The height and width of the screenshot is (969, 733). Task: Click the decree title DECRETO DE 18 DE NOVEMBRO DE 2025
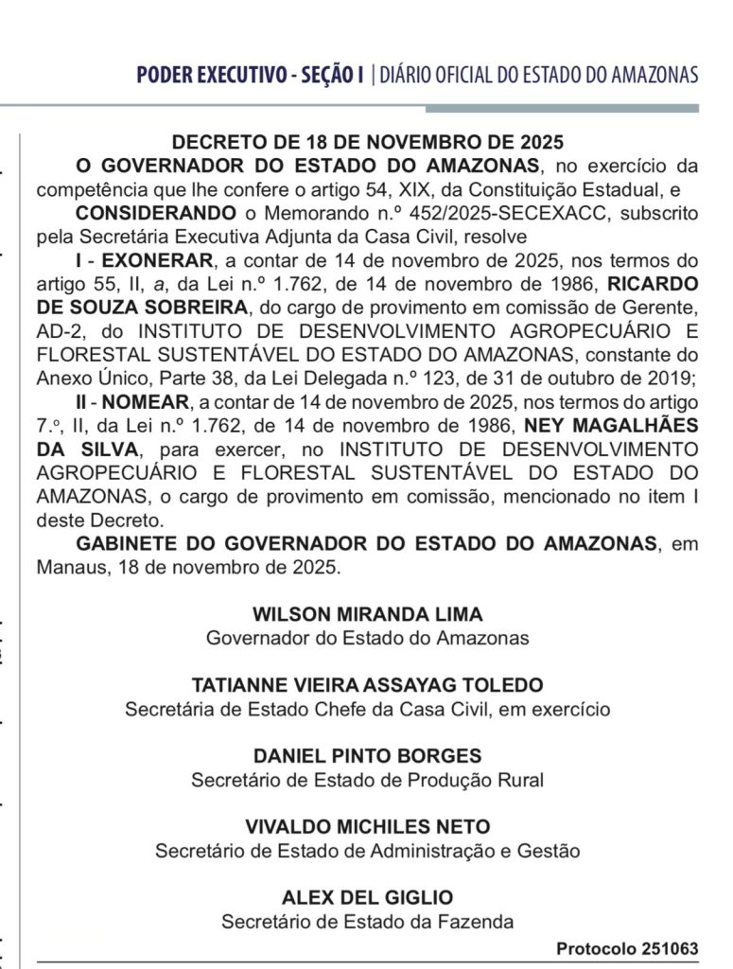(368, 143)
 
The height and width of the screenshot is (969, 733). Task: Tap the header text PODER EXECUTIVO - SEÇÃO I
(250, 75)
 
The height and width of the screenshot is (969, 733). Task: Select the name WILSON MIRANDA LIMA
(368, 613)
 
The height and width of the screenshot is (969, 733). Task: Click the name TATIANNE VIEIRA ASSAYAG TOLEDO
(368, 684)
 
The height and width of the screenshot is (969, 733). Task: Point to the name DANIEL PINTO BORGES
(368, 756)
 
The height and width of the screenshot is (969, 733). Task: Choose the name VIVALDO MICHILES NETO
(368, 827)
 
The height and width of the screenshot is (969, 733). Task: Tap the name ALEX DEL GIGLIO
(368, 897)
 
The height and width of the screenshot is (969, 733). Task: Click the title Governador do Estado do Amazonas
(368, 637)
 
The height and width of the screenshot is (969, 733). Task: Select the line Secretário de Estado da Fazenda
(368, 921)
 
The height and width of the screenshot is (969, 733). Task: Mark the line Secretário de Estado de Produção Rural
(368, 780)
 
